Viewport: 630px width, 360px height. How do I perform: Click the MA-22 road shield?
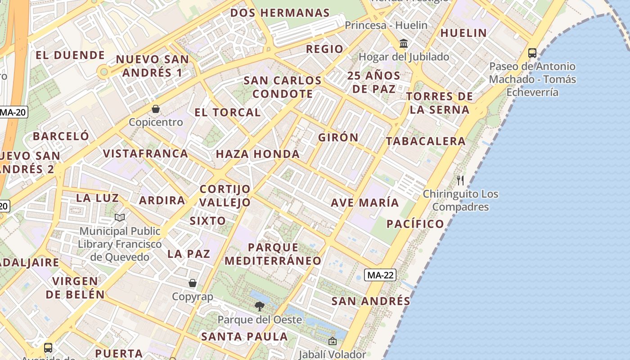(380, 275)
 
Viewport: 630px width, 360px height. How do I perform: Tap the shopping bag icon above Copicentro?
(156, 109)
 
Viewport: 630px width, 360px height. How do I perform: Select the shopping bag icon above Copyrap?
(193, 283)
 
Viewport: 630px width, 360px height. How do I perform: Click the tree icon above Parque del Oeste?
(259, 306)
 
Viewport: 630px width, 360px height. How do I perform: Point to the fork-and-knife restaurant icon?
(460, 180)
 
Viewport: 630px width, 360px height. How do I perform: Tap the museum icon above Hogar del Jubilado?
(404, 44)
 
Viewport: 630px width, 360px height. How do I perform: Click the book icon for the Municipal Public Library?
(119, 218)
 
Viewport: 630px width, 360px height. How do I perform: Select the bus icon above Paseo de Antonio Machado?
(532, 53)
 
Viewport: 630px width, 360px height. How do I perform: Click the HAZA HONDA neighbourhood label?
(258, 154)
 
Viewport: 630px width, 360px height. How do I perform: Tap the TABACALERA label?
(426, 141)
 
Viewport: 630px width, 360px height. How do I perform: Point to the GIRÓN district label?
(338, 137)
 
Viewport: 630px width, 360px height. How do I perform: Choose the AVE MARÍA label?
(365, 202)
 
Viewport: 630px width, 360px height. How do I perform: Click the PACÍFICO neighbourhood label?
(415, 224)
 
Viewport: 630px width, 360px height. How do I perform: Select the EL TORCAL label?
(228, 112)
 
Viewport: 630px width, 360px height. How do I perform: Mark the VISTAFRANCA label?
(145, 153)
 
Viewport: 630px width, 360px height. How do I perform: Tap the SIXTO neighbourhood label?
(208, 220)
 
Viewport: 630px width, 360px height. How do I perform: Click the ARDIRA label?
(162, 200)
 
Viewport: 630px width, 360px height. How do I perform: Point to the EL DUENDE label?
(70, 55)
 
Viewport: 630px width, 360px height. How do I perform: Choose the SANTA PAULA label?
(244, 336)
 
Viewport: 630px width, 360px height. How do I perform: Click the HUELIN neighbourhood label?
(463, 33)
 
